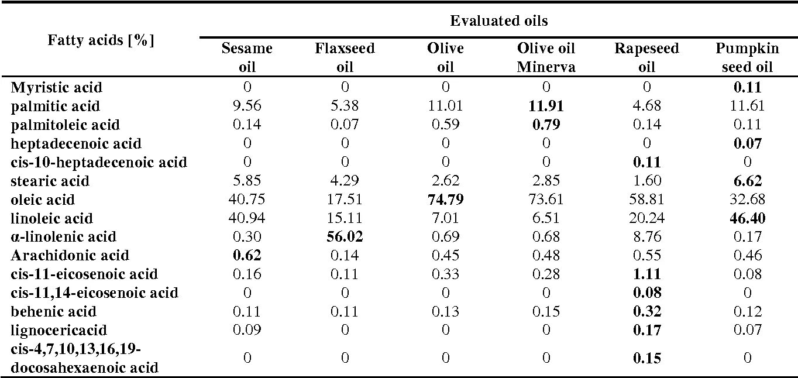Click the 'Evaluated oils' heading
pyautogui.click(x=498, y=21)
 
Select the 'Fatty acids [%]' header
pyautogui.click(x=101, y=42)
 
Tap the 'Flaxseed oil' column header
pyautogui.click(x=345, y=57)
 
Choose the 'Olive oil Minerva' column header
pyautogui.click(x=546, y=57)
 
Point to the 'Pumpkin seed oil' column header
pyautogui.click(x=747, y=57)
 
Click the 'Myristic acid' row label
pyautogui.click(x=56, y=88)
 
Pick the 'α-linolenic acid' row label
pyautogui.click(x=63, y=237)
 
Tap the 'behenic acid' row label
pyautogui.click(x=53, y=311)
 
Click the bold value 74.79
pyautogui.click(x=445, y=200)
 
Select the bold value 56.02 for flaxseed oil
pyautogui.click(x=345, y=237)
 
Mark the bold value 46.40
pyautogui.click(x=747, y=218)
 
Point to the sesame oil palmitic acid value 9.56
pyautogui.click(x=247, y=106)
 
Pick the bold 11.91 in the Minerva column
pyautogui.click(x=546, y=106)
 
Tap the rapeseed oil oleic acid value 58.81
pyautogui.click(x=646, y=200)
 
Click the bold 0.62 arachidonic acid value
pyautogui.click(x=247, y=256)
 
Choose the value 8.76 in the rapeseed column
pyautogui.click(x=646, y=237)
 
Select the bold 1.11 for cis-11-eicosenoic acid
pyautogui.click(x=646, y=274)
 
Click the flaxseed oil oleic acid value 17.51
pyautogui.click(x=345, y=200)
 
